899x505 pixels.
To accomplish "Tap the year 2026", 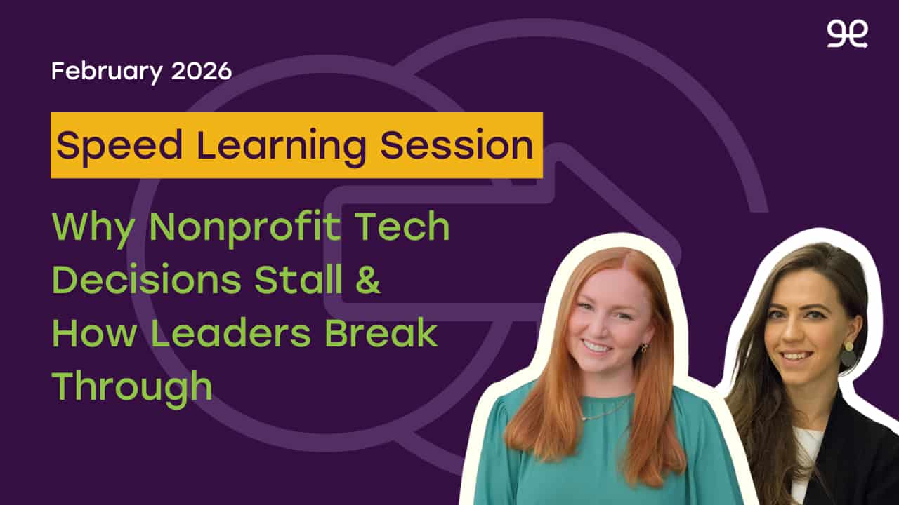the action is pos(202,71).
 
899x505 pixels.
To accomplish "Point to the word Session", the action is pos(457,145).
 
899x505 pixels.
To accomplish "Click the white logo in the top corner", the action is pos(847,34).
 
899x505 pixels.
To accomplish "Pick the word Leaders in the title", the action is pos(230,333).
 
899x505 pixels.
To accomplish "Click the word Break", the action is pos(381,333).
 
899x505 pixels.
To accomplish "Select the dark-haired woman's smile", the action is pos(796,356).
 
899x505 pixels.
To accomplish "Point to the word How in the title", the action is pos(94,333).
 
